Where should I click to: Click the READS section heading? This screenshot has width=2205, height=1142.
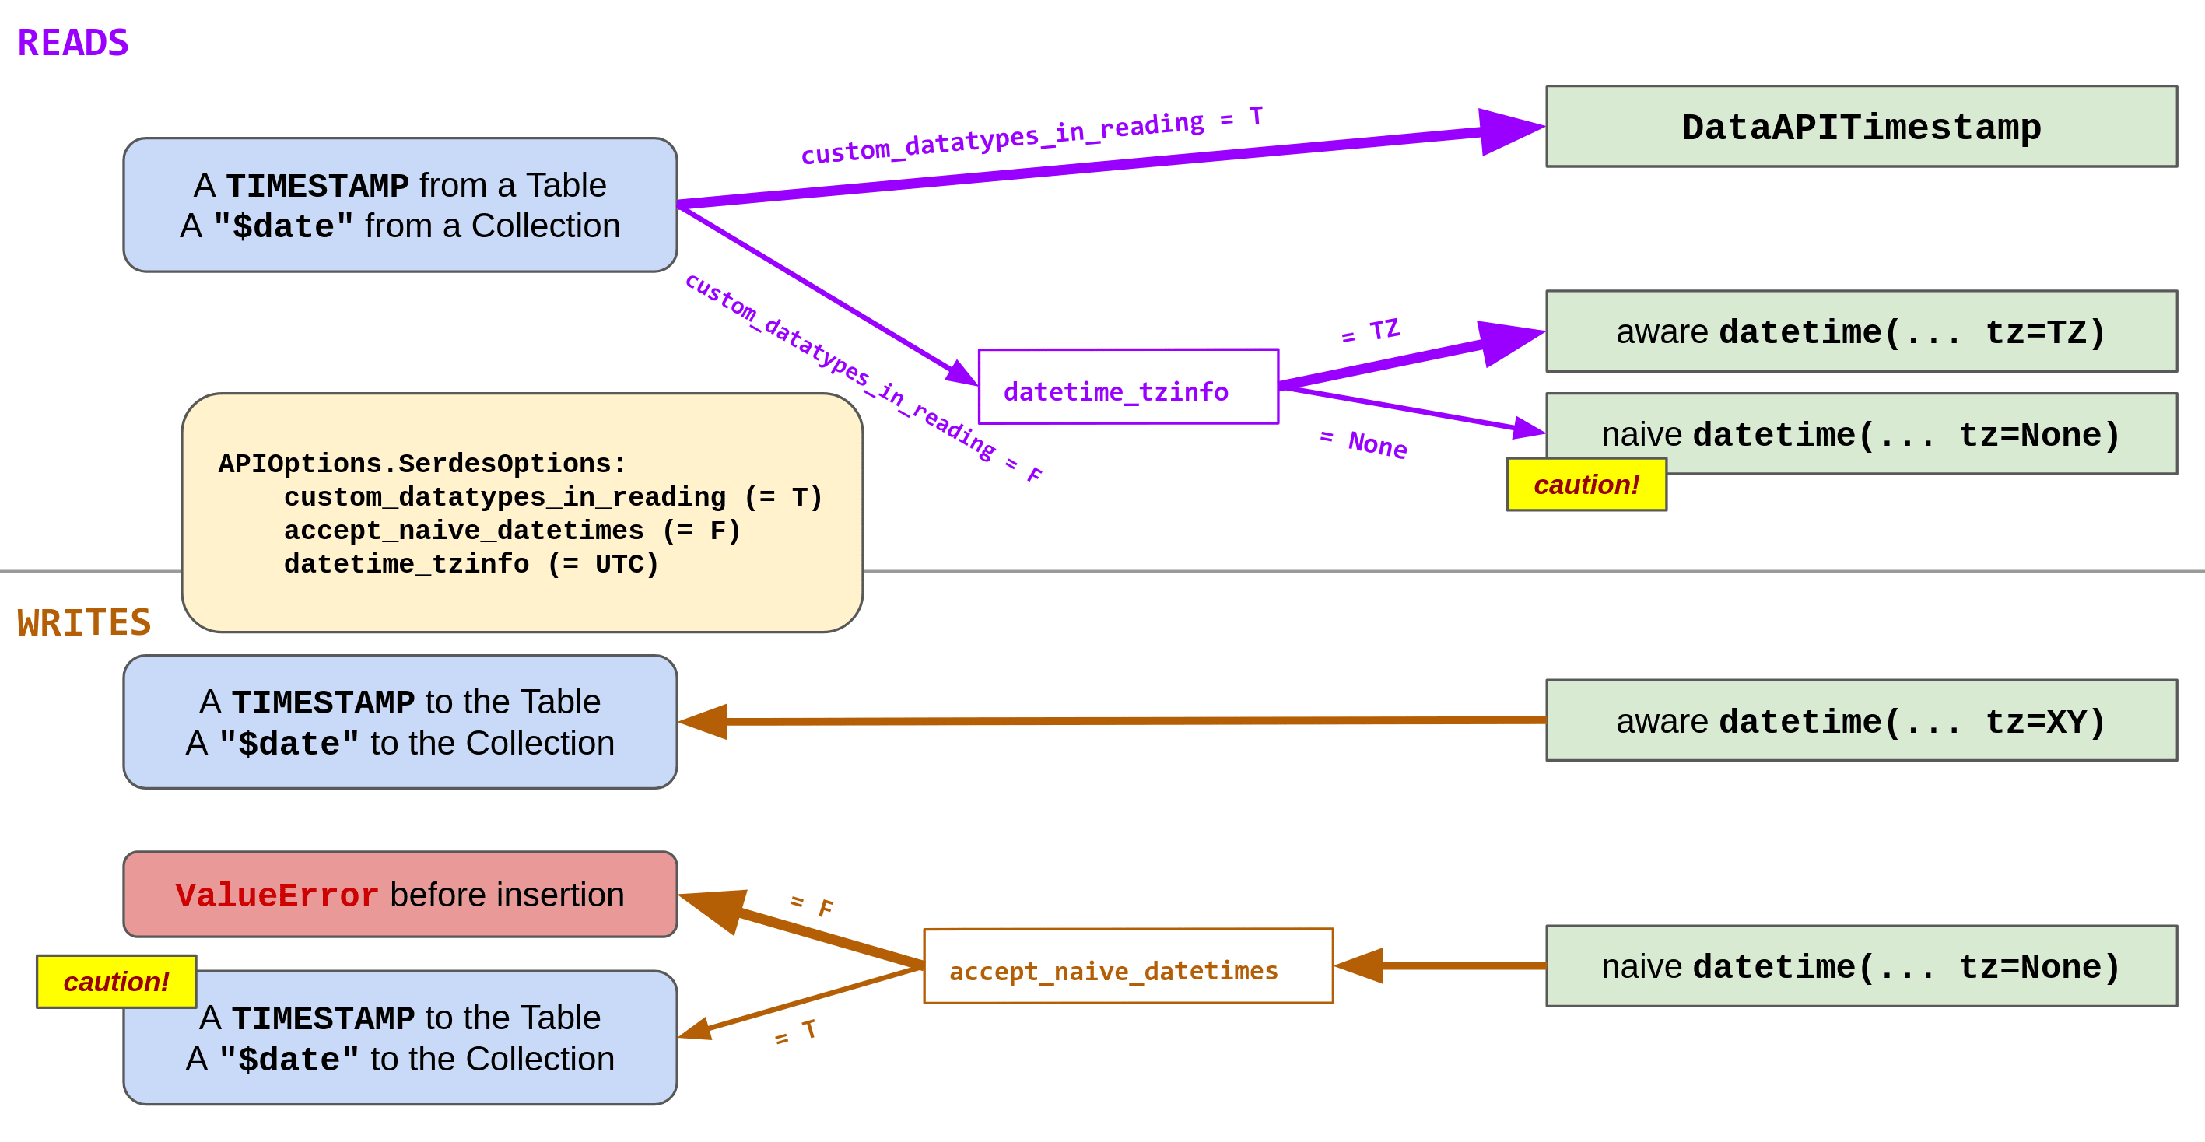coord(73,43)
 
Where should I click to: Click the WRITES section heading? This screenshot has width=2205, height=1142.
coord(84,622)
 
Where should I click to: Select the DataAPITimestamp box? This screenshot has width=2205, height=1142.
coord(1861,127)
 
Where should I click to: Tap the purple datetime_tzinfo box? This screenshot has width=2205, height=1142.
coord(1127,387)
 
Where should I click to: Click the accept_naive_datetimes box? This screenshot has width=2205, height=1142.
coord(1127,966)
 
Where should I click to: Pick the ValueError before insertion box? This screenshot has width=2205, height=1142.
coord(400,895)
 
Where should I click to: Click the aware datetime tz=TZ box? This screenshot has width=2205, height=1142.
coord(1861,331)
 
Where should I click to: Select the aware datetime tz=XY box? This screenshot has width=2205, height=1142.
coord(1861,721)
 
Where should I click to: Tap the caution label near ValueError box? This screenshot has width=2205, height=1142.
coord(117,981)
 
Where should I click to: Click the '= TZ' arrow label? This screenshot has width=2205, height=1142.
coord(1370,331)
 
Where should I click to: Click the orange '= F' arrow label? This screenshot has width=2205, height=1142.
coord(812,905)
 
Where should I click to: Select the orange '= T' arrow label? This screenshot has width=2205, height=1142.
coord(795,1032)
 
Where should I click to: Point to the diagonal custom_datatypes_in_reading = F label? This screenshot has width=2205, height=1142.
coord(863,377)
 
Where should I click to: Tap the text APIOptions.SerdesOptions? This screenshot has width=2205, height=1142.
coord(422,463)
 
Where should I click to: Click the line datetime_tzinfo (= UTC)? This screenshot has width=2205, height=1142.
coord(471,564)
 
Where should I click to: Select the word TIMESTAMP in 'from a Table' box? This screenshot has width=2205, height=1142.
coord(317,186)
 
